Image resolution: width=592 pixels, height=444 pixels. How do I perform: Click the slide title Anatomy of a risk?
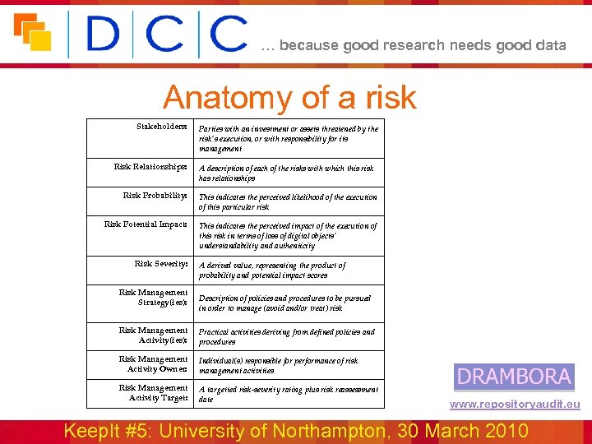(x=289, y=98)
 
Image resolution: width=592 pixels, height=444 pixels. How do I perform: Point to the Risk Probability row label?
(x=155, y=196)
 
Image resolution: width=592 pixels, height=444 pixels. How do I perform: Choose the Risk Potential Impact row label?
(x=146, y=224)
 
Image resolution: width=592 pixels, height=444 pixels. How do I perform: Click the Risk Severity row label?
(x=161, y=264)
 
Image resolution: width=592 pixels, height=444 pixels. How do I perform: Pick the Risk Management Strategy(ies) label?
(x=153, y=298)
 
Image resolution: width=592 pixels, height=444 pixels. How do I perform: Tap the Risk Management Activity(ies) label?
(x=153, y=335)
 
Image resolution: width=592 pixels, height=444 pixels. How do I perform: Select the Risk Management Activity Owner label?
(x=153, y=364)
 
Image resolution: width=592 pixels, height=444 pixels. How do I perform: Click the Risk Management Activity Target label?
(x=153, y=393)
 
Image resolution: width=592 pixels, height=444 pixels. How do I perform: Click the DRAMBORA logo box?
(x=514, y=377)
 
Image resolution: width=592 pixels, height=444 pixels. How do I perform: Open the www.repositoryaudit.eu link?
(x=515, y=405)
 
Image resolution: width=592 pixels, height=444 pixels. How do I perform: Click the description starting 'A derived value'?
(x=272, y=271)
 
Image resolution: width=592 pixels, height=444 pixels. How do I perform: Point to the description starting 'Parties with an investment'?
(x=289, y=139)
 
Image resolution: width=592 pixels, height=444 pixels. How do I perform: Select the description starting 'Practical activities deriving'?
(x=286, y=336)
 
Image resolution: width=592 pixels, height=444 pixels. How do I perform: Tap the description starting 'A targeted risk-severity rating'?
(x=289, y=394)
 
